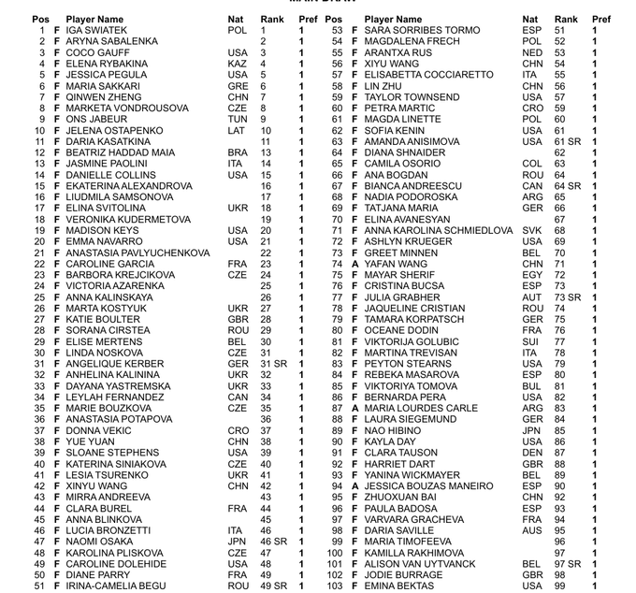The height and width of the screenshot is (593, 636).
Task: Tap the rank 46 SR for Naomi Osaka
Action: click(x=274, y=542)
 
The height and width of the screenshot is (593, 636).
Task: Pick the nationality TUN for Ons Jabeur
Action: click(x=238, y=120)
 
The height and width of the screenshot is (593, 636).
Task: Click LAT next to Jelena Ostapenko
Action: click(x=237, y=131)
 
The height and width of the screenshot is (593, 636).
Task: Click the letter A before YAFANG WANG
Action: click(x=354, y=265)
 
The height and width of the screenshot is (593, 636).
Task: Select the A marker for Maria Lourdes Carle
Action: click(x=354, y=409)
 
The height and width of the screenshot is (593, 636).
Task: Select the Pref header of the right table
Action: click(x=601, y=19)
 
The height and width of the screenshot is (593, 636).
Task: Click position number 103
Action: click(x=335, y=586)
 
